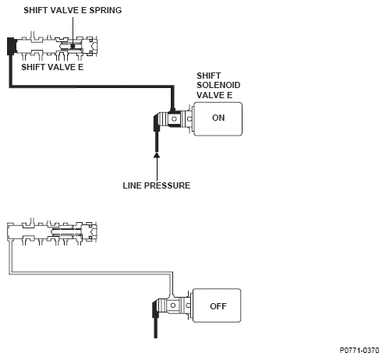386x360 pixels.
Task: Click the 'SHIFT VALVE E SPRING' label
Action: [x=73, y=10]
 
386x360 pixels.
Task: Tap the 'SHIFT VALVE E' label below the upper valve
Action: [x=52, y=67]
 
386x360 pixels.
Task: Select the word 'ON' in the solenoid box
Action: [x=218, y=118]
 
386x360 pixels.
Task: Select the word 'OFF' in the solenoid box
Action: [x=218, y=306]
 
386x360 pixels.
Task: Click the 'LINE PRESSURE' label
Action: [x=157, y=185]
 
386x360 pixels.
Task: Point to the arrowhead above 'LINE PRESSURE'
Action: [x=157, y=155]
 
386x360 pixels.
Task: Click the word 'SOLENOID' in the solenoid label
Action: [x=218, y=85]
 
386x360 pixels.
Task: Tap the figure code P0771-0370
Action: [x=359, y=351]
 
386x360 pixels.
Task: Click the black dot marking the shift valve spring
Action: [x=73, y=46]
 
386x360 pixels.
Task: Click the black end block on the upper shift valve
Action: [x=12, y=46]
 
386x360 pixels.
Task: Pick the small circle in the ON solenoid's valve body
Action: [x=174, y=119]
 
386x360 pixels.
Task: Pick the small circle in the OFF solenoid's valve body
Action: [x=173, y=305]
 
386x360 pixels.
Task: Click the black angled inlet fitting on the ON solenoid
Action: [x=157, y=122]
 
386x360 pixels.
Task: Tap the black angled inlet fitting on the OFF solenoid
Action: [x=155, y=309]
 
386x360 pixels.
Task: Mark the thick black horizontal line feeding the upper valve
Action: [x=91, y=86]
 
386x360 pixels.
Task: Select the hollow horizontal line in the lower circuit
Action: [x=91, y=273]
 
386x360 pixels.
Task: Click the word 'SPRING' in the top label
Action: [x=105, y=10]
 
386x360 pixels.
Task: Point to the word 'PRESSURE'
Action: [x=167, y=185]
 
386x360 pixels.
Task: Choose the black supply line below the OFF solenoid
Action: [x=155, y=328]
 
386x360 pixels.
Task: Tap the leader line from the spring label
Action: [x=73, y=30]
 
